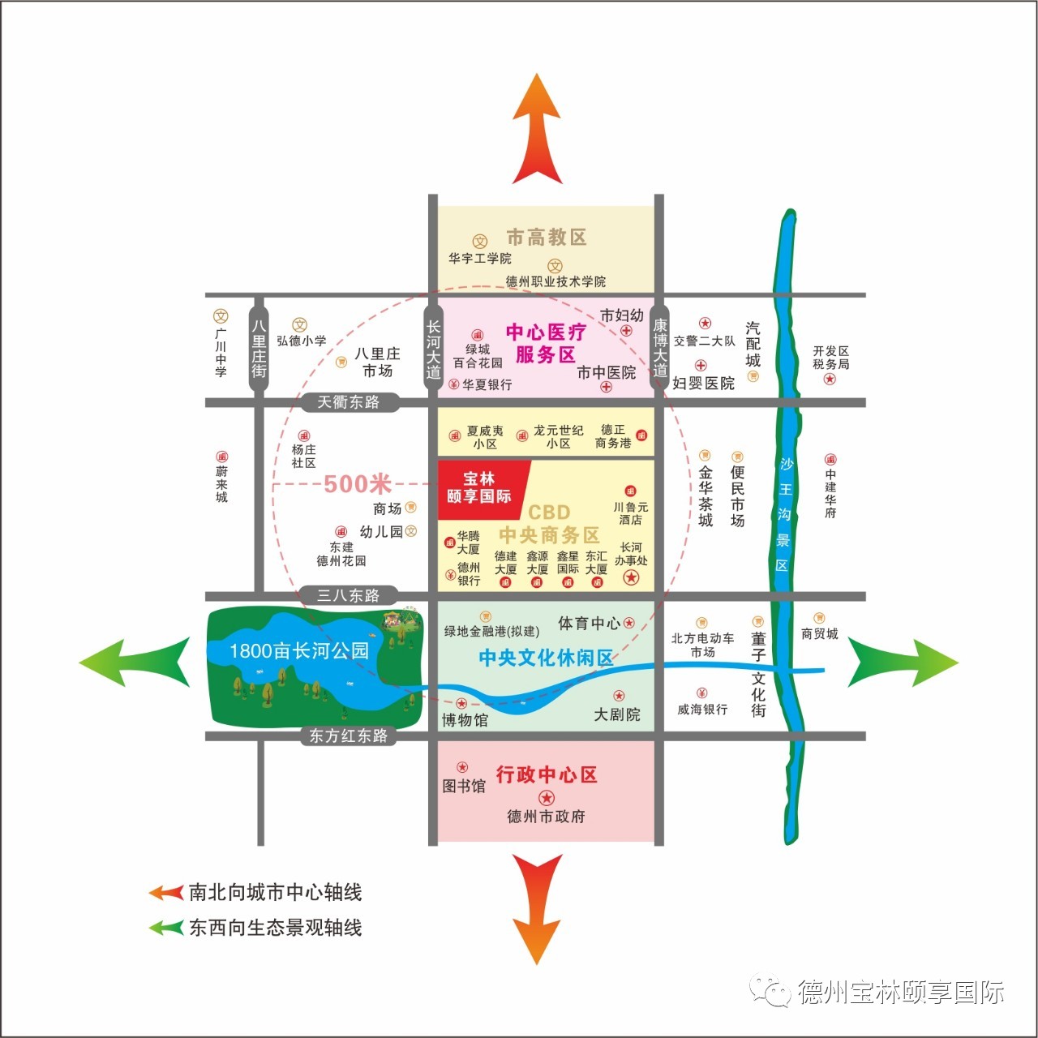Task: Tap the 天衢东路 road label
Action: pos(349,402)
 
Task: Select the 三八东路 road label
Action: pos(349,595)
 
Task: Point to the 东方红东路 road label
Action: pos(349,736)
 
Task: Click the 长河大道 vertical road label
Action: pos(433,349)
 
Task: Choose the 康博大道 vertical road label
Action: pos(660,347)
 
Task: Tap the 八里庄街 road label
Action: pos(259,349)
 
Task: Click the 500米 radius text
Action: pos(358,483)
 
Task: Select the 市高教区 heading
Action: pos(547,237)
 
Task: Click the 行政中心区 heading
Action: pos(547,774)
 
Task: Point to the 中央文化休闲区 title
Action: pos(547,658)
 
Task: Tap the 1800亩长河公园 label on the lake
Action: pos(299,650)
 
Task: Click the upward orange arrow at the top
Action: pos(537,129)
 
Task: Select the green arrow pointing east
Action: pos(903,662)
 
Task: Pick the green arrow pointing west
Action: pos(135,663)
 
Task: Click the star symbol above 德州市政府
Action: pos(547,798)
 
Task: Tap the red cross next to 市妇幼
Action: pos(626,331)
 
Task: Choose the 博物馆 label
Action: pos(465,720)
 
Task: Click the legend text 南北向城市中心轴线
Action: pos(275,893)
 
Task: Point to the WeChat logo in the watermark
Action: pos(770,989)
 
